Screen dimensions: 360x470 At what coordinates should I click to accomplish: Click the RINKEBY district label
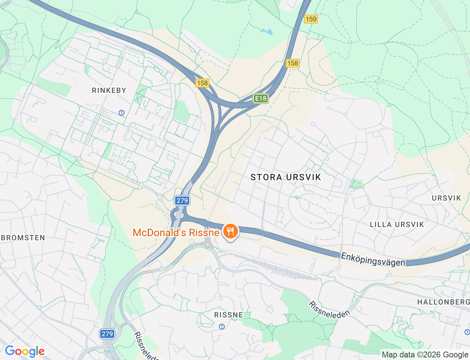tap(109, 90)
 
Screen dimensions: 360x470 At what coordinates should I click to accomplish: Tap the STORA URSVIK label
tap(286, 177)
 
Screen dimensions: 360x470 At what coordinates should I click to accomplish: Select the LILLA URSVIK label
tap(397, 224)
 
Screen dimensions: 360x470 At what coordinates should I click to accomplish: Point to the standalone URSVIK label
tap(446, 198)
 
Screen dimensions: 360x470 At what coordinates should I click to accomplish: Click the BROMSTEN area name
tap(23, 238)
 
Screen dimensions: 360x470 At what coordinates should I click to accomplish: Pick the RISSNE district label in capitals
tap(228, 315)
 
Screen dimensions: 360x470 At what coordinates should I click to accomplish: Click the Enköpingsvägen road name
tap(373, 259)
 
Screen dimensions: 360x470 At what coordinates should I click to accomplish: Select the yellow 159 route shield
tap(311, 19)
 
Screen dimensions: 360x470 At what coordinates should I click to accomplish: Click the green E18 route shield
tap(261, 98)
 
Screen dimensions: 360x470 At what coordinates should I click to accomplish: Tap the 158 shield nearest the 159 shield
tap(293, 63)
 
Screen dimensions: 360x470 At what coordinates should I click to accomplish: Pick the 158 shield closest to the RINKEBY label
tap(202, 83)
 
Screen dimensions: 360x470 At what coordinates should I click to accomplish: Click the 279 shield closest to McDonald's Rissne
tap(182, 201)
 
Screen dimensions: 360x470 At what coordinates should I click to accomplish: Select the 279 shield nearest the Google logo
tap(107, 334)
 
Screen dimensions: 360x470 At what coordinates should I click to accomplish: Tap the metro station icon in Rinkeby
tap(122, 113)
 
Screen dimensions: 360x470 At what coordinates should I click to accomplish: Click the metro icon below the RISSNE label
tap(222, 327)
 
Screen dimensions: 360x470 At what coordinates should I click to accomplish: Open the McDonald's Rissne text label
tap(176, 233)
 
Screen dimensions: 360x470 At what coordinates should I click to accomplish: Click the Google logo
tap(25, 351)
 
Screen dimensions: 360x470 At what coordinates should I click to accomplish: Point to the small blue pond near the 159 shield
tap(268, 32)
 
